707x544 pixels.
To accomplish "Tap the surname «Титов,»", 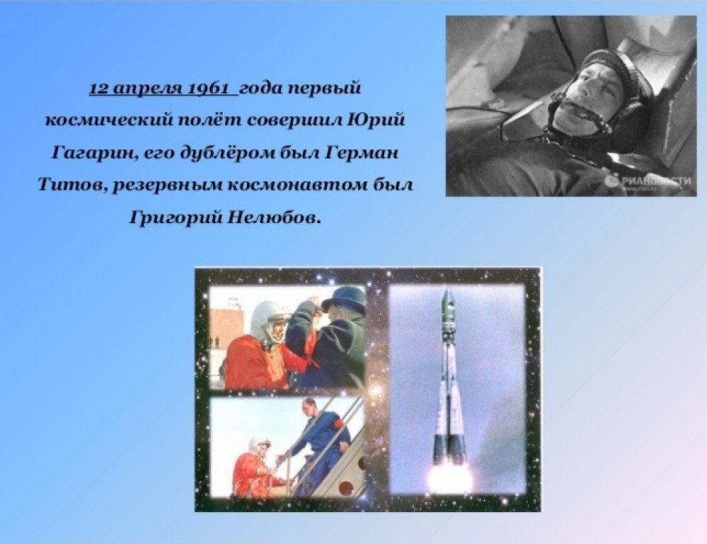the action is click(71, 186).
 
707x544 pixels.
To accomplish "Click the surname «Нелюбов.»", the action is click(274, 218).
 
